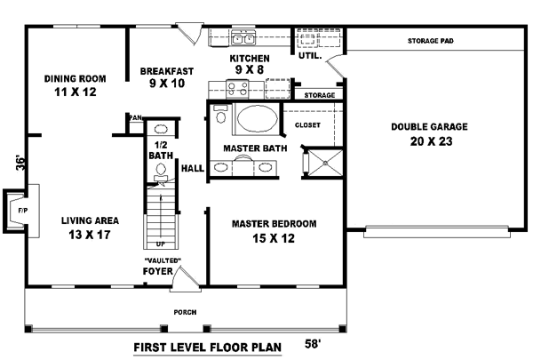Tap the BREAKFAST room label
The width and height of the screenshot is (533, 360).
[167, 70]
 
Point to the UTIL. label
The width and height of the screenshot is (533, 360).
[309, 55]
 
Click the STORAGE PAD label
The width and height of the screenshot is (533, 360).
[431, 41]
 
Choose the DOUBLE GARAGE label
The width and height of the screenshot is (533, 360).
[429, 126]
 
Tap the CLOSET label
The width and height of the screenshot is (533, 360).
[307, 125]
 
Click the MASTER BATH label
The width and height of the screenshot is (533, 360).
[255, 148]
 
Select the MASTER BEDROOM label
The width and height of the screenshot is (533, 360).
[274, 223]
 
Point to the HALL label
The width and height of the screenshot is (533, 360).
[193, 167]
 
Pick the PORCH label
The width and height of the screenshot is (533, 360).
[185, 312]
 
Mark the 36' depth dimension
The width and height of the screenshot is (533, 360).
[19, 163]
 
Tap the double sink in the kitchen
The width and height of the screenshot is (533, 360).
[243, 38]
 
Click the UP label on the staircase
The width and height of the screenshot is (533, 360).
[160, 242]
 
